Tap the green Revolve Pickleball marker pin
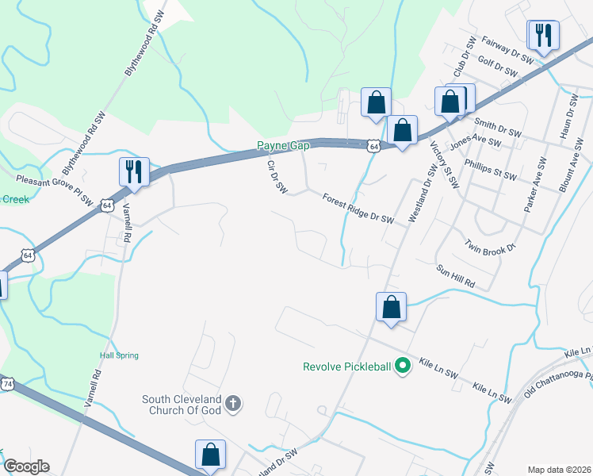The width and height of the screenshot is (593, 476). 403,366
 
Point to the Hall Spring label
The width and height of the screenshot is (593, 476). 119,355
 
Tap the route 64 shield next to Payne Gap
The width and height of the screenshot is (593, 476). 373,146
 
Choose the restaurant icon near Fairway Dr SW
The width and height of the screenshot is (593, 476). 543,35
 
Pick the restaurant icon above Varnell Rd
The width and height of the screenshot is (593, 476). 133,171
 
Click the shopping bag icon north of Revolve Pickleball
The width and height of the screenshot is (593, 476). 391,307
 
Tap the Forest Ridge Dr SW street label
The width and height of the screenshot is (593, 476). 358,209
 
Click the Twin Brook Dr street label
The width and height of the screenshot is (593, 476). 491,246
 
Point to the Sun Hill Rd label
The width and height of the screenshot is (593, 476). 455,276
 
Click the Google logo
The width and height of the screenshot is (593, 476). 25,466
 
